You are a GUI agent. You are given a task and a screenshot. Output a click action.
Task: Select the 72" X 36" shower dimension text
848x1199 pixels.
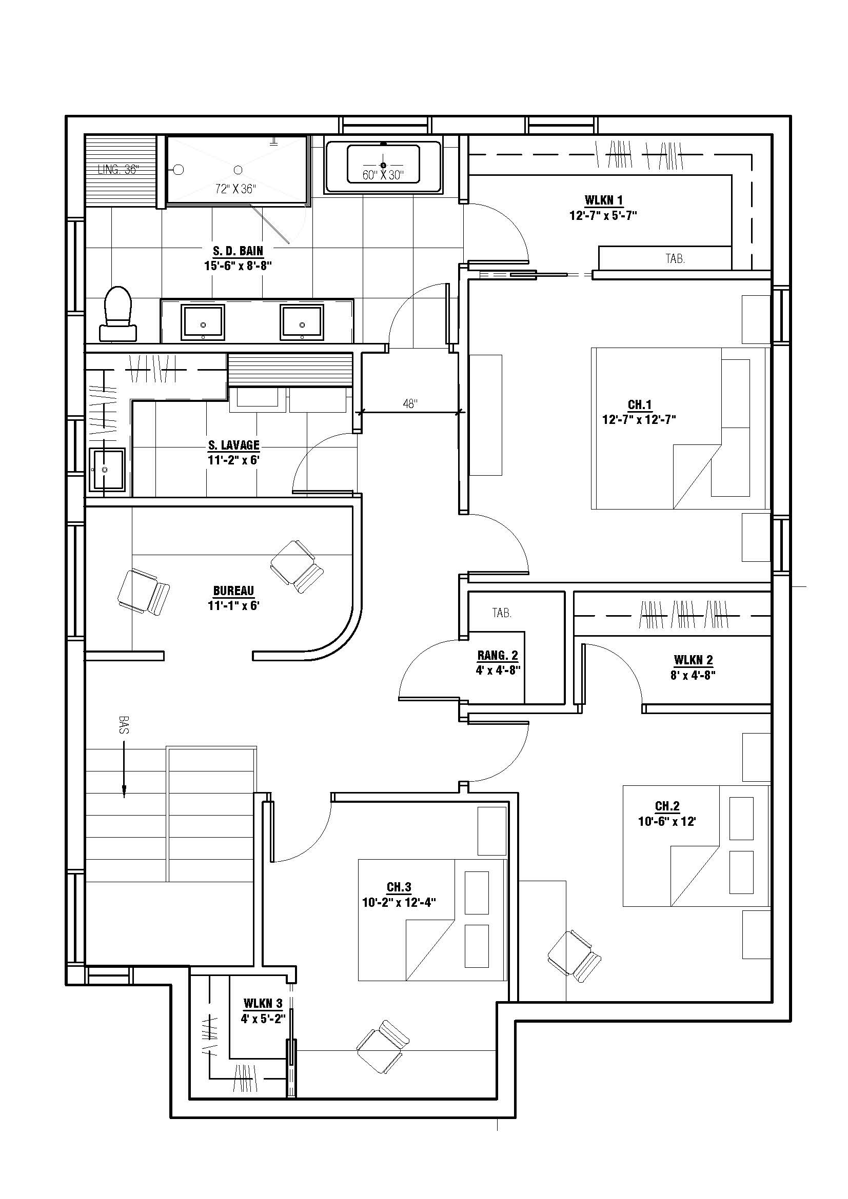[235, 189]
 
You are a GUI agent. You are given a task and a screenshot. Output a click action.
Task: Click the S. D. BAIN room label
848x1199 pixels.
[238, 251]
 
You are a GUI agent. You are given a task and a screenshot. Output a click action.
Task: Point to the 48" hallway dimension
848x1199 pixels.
[410, 403]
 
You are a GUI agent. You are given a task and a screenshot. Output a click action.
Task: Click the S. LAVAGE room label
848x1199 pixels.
[233, 445]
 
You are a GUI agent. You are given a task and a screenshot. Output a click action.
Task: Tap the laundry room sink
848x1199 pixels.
[107, 470]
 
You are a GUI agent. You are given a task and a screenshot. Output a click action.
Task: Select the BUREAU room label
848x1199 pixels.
[233, 591]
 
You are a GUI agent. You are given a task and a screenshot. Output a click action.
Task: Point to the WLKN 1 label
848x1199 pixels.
[603, 200]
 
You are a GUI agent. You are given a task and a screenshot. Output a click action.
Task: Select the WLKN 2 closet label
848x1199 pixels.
[694, 660]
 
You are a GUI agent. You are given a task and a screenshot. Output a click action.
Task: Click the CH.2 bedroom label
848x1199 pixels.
[667, 806]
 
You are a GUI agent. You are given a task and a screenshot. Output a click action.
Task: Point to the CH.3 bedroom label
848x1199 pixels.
[399, 887]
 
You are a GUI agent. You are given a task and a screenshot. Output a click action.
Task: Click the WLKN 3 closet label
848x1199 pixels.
[263, 1003]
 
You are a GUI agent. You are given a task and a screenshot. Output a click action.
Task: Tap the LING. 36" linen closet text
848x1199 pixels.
[119, 169]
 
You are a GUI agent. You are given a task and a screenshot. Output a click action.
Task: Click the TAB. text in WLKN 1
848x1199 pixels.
[675, 258]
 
